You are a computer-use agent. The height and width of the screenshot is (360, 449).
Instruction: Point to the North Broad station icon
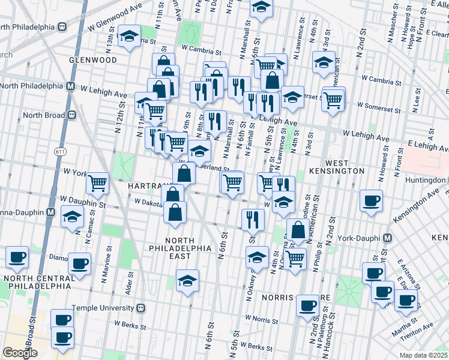71,115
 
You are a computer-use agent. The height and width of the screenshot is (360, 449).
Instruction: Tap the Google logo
20,353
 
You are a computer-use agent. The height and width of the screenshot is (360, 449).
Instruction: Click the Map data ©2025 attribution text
423,355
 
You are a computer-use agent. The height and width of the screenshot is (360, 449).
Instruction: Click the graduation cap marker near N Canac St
72,217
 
